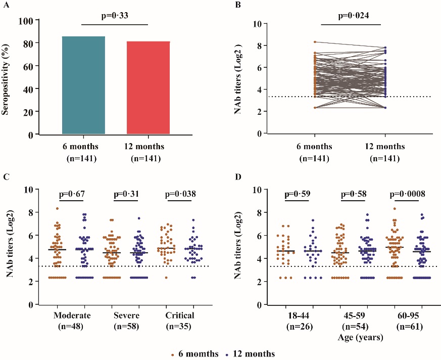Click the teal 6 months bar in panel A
[x=83, y=85]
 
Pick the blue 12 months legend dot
[x=226, y=353]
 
